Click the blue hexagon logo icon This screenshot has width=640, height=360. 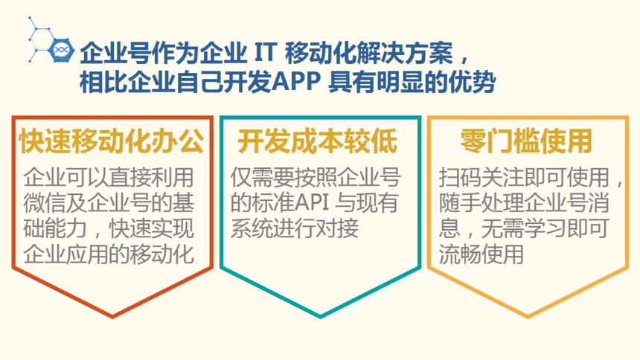(x=62, y=50)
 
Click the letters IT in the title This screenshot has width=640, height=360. (x=266, y=53)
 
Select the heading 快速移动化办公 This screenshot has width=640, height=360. (x=112, y=141)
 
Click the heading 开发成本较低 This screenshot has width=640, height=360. (x=317, y=141)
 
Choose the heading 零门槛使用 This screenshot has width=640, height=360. (x=526, y=141)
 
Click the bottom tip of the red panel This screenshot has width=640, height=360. (x=112, y=316)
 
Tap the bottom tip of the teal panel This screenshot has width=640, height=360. (x=321, y=316)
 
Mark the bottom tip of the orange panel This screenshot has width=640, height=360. (x=528, y=316)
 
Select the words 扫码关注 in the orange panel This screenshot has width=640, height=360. (x=481, y=178)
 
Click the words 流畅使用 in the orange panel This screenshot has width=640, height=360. (x=481, y=254)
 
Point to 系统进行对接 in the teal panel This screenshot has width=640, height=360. (x=294, y=228)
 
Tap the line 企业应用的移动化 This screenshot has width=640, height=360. (x=109, y=254)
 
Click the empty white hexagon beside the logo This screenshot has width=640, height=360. (x=42, y=39)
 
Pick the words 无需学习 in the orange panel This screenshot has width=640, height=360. (x=523, y=228)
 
